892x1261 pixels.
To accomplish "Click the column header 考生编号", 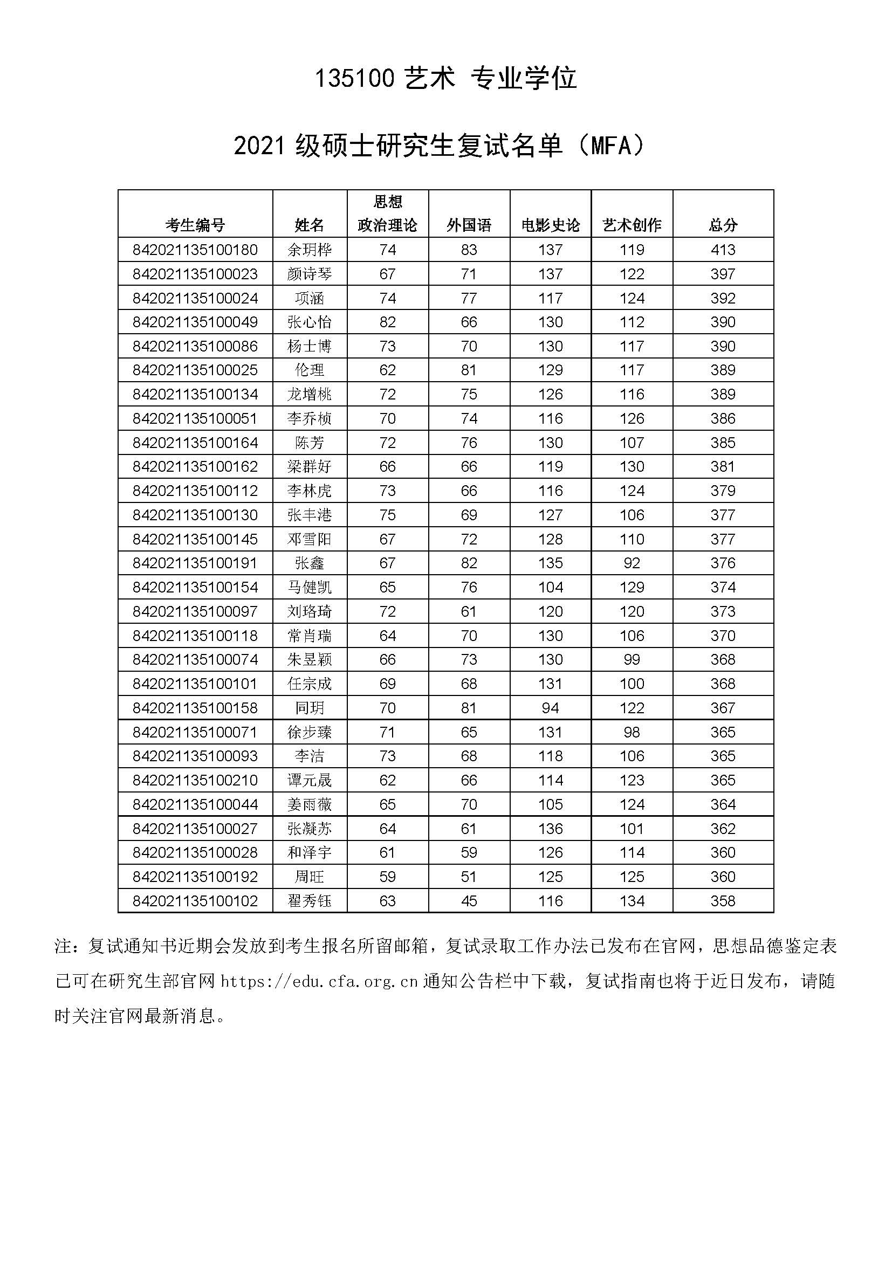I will click(195, 225).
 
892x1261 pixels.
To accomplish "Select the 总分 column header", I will click(722, 225).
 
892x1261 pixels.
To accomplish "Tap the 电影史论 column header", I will click(551, 225).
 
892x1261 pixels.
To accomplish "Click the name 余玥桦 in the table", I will click(309, 250).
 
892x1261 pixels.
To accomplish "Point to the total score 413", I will click(722, 250).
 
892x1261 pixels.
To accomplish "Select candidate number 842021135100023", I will click(195, 274).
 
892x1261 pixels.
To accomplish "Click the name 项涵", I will click(309, 298).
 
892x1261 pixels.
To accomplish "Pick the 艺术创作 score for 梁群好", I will click(632, 467).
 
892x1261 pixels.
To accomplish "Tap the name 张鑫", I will click(309, 563).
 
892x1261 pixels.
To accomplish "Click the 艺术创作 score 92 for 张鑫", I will click(632, 563).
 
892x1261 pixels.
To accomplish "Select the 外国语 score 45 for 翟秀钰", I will click(469, 901).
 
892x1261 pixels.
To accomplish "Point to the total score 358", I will click(722, 901).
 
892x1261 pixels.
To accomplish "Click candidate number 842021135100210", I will click(195, 781).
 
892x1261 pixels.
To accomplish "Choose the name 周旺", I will click(309, 877).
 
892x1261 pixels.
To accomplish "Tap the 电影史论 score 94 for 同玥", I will click(551, 708).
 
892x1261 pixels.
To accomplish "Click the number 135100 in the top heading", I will click(354, 79).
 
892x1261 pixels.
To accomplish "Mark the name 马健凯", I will click(309, 587).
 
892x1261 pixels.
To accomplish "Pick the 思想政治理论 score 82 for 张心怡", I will click(387, 322).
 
